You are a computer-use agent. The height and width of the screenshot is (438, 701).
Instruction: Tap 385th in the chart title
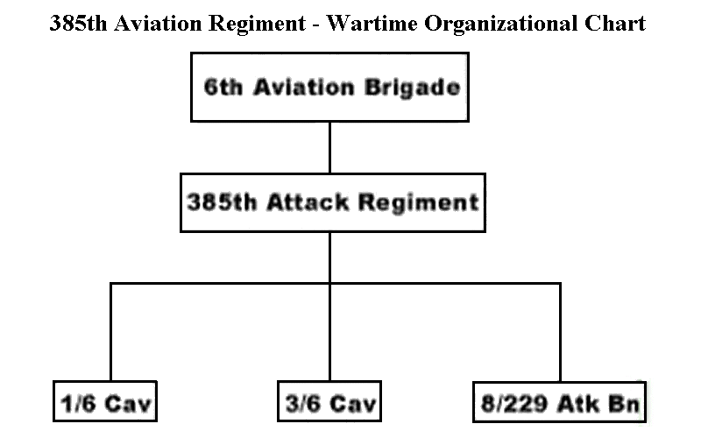78,24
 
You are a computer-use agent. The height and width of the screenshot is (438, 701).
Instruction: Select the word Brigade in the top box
412,87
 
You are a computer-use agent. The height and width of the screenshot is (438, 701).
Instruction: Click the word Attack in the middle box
308,202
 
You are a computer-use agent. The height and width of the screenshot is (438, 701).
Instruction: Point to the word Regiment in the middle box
419,203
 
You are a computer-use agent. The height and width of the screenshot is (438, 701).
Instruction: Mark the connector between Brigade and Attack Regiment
329,147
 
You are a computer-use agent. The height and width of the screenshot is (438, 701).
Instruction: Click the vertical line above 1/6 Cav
110,332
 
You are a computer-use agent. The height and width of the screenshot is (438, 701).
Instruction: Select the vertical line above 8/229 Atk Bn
560,333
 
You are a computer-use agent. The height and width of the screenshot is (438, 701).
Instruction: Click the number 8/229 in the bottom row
513,404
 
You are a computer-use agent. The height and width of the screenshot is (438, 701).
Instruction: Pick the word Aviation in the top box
303,87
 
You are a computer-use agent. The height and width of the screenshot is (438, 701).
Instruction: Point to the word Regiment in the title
257,25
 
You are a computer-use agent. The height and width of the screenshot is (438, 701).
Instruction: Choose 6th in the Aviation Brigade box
223,87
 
